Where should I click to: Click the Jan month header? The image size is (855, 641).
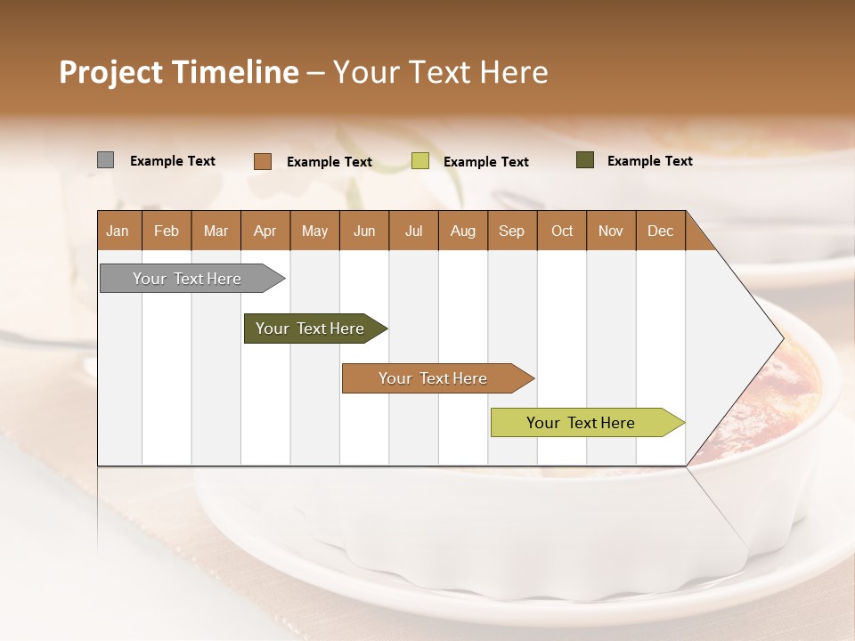click(x=118, y=231)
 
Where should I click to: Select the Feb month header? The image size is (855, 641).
click(x=167, y=231)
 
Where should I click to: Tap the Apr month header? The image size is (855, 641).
click(x=265, y=231)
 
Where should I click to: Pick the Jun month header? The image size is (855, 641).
click(x=364, y=231)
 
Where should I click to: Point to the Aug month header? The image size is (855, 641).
click(x=462, y=231)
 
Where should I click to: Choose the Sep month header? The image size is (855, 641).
click(x=511, y=231)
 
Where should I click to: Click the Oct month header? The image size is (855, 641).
click(x=562, y=231)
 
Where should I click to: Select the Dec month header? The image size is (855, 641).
click(x=660, y=231)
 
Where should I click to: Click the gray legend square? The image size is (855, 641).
click(x=105, y=160)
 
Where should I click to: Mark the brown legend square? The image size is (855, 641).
click(x=263, y=161)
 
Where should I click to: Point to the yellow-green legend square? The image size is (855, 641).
click(x=420, y=161)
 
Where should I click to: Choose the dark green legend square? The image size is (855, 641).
click(x=585, y=160)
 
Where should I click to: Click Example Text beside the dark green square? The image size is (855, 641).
click(x=649, y=161)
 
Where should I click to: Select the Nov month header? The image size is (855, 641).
click(x=611, y=231)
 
